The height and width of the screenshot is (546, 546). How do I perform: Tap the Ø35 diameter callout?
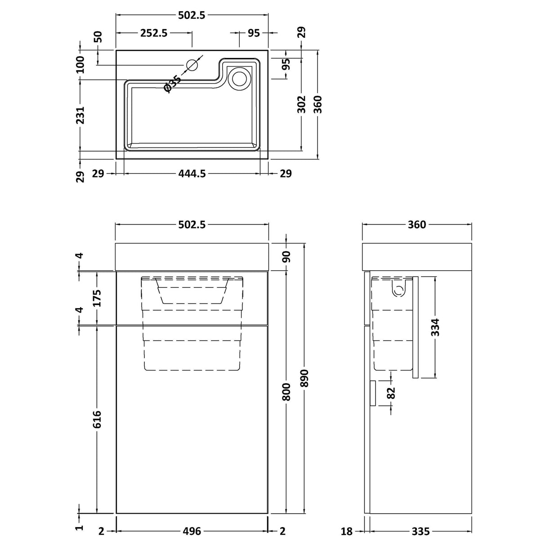pos(173,84)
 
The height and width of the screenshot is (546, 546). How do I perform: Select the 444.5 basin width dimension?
pos(192,174)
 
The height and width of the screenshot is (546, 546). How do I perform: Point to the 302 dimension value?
pos(302,103)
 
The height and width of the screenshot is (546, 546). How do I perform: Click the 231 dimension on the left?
pos(80,115)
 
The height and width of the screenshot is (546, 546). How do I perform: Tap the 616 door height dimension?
pos(97,419)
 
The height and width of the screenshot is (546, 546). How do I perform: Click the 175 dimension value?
pos(97,297)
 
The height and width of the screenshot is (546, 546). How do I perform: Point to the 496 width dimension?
pos(192,532)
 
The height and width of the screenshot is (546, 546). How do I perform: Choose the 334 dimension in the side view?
pos(435,327)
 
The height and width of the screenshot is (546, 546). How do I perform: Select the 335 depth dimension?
pos(421,532)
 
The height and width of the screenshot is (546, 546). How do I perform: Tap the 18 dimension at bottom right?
pos(347,532)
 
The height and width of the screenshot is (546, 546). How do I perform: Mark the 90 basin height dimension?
pos(286,257)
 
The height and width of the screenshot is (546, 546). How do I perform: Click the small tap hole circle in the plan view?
pos(192,66)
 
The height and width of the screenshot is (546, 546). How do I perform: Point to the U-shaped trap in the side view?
pos(398,290)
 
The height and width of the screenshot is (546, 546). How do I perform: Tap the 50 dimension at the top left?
pos(98,36)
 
